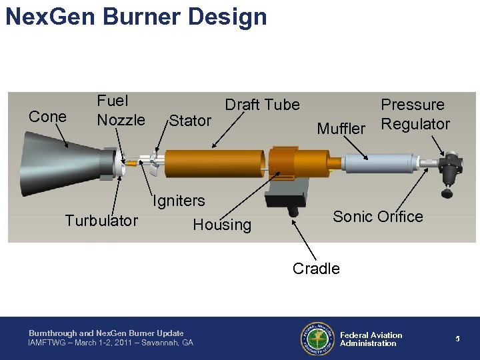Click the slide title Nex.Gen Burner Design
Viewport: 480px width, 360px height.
(x=136, y=16)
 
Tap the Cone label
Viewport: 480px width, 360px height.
(x=47, y=117)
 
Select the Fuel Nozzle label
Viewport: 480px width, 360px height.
(x=121, y=111)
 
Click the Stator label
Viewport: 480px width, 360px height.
(x=190, y=121)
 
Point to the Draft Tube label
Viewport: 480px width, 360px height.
(x=262, y=105)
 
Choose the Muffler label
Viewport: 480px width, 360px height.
(x=341, y=128)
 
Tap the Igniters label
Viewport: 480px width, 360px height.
(x=179, y=201)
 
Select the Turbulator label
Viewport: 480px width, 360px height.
(x=101, y=221)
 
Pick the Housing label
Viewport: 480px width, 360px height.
(x=222, y=225)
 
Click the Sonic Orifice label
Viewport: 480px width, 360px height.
(x=377, y=217)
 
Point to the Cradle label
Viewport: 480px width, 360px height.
(x=316, y=269)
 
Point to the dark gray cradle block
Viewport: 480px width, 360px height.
(x=287, y=196)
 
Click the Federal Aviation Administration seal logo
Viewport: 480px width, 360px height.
(x=317, y=339)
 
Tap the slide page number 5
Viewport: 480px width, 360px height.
(x=458, y=339)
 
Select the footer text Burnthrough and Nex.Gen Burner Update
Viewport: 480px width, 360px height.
(x=106, y=333)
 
